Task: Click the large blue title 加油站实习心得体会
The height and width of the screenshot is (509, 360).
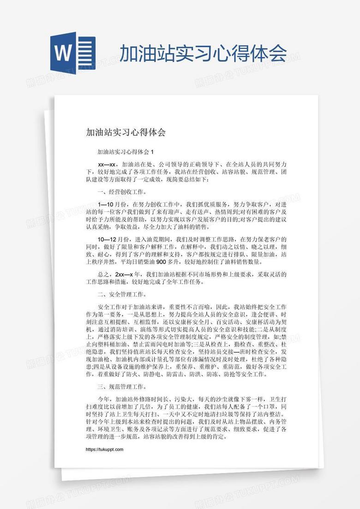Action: point(203,53)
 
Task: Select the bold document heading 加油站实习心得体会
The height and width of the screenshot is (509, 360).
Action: point(126,133)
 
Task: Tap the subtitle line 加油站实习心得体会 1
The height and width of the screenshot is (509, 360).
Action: point(126,151)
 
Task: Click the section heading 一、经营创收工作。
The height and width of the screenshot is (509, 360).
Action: point(123,192)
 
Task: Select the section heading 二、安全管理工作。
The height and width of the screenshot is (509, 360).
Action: point(123,294)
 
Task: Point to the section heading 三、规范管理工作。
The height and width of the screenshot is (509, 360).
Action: point(123,386)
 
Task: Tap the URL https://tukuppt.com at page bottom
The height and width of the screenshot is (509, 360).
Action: point(105,449)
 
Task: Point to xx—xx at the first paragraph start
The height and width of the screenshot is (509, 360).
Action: point(107,164)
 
